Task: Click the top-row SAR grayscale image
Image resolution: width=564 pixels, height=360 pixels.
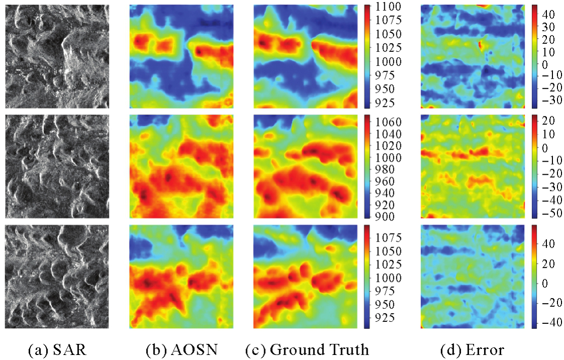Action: [57, 56]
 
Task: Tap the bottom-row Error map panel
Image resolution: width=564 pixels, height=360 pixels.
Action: [472, 277]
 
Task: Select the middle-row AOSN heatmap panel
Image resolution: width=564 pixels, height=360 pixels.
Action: [181, 166]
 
